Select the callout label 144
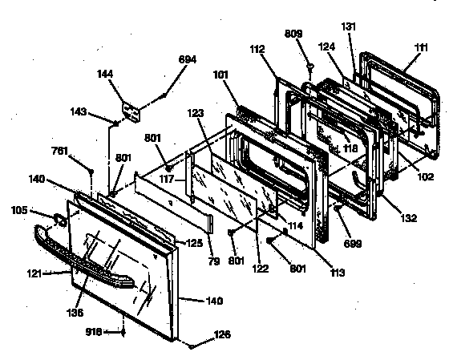(126, 73)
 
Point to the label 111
(419, 49)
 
